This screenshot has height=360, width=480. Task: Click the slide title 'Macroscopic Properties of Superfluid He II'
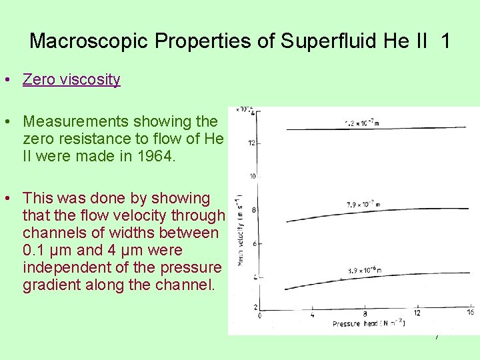coord(240,41)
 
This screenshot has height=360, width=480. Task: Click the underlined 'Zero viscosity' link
coord(71,80)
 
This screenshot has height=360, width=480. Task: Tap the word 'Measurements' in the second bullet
coord(76,121)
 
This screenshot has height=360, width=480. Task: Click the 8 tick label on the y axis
coord(254,210)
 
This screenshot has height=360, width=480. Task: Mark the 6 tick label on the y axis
coord(254,244)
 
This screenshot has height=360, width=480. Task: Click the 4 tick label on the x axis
coord(313,314)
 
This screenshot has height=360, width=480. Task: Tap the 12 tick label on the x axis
coord(417,314)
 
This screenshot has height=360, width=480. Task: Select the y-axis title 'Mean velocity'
coord(238,227)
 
